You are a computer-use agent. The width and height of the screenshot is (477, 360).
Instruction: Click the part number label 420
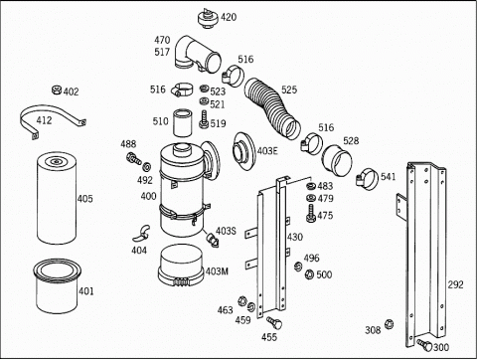pyautogui.click(x=229, y=17)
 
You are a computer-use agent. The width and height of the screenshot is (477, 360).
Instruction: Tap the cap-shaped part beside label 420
pyautogui.click(x=208, y=19)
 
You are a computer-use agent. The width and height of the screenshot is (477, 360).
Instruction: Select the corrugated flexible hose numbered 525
pyautogui.click(x=272, y=108)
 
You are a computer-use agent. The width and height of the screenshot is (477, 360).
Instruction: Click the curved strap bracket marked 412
pyautogui.click(x=53, y=120)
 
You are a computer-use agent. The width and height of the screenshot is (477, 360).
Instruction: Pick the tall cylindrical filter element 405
pyautogui.click(x=57, y=198)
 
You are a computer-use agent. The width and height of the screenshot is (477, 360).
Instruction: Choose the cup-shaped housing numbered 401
pyautogui.click(x=57, y=285)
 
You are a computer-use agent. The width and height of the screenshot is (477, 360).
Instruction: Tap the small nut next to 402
pyautogui.click(x=57, y=90)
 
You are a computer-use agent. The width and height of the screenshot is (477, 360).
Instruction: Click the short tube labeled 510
pyautogui.click(x=183, y=122)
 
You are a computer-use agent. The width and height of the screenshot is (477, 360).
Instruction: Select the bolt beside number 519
pyautogui.click(x=204, y=119)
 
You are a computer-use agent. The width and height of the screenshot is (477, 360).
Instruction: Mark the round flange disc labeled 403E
pyautogui.click(x=243, y=152)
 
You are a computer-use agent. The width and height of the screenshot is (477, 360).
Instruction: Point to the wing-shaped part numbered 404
pyautogui.click(x=141, y=234)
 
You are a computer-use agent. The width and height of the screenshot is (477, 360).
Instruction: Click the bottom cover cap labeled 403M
pyautogui.click(x=181, y=266)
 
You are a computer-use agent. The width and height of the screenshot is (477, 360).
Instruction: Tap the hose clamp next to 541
pyautogui.click(x=367, y=179)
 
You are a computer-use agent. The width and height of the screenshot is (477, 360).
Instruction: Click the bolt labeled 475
pyautogui.click(x=311, y=214)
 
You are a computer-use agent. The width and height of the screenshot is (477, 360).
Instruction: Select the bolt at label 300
pyautogui.click(x=425, y=345)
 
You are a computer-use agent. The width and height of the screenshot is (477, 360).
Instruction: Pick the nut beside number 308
pyautogui.click(x=390, y=324)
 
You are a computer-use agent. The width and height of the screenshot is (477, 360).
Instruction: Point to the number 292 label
pyautogui.click(x=456, y=284)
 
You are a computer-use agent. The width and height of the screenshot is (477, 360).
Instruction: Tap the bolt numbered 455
pyautogui.click(x=274, y=322)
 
